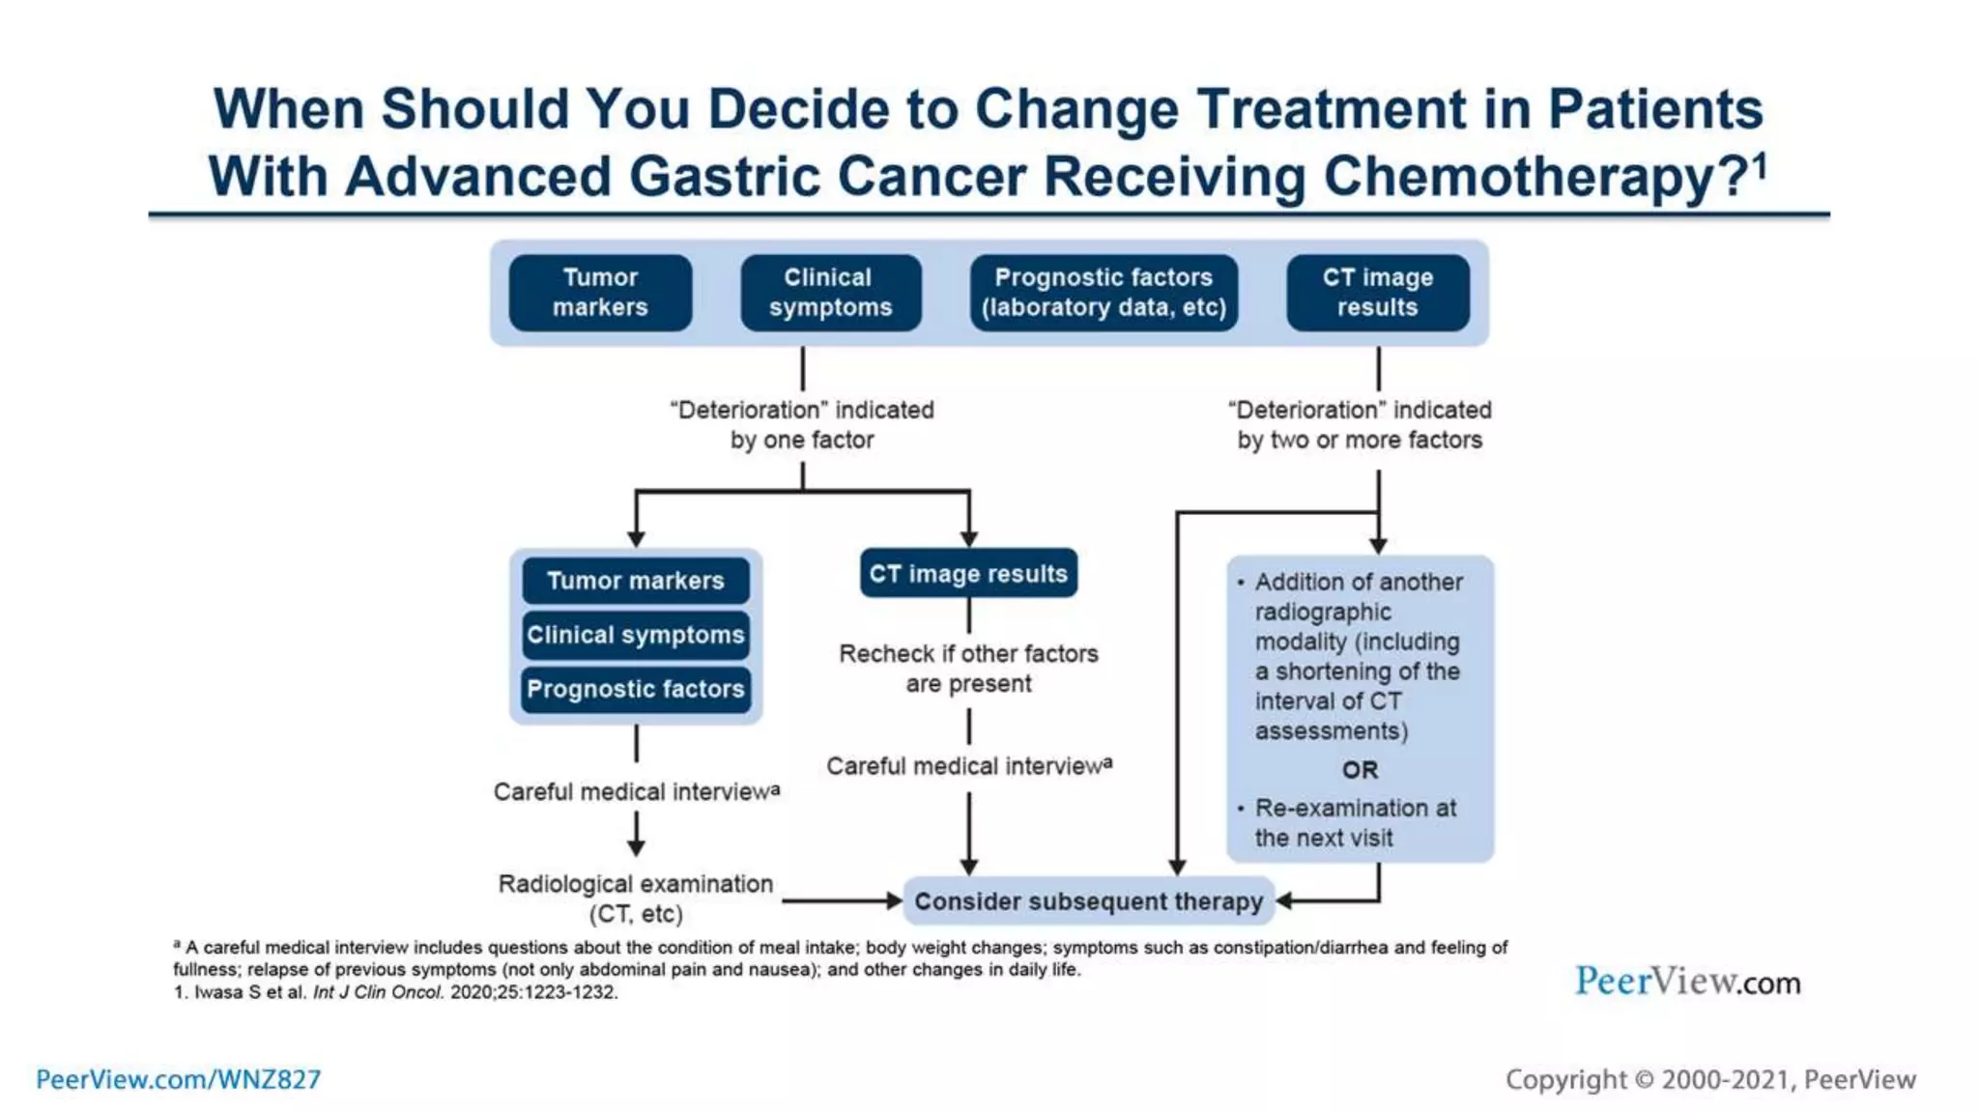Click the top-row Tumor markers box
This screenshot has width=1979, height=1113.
600,292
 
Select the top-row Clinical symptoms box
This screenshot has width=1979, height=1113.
830,292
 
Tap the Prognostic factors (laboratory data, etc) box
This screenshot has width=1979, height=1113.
1104,292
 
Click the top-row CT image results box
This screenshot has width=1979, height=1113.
1377,292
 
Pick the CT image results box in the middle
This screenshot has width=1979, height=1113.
968,573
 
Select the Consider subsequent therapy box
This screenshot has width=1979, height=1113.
1088,901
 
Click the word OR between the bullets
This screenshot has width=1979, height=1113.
1360,770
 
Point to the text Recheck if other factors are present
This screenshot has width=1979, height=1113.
968,668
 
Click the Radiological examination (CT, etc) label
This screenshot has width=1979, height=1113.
636,898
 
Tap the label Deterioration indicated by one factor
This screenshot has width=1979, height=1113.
802,424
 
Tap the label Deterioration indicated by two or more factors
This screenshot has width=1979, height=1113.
1360,424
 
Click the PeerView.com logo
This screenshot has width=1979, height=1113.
1687,982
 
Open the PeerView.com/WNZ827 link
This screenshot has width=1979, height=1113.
179,1079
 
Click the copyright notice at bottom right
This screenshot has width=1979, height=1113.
1710,1079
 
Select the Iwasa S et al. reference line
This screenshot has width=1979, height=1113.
396,992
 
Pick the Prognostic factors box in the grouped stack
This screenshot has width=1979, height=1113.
636,689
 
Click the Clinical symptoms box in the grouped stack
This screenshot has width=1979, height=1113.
636,635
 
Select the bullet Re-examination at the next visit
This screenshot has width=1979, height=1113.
1355,823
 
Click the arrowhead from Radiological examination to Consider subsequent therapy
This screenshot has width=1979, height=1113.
894,901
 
